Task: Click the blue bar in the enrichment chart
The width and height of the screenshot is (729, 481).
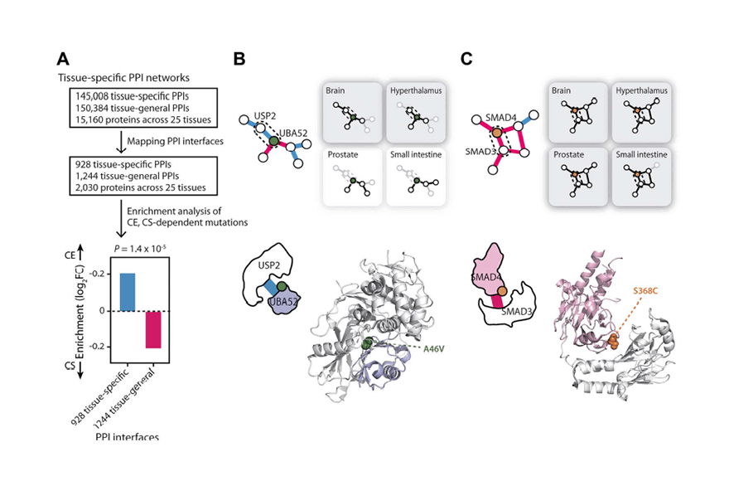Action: click(128, 292)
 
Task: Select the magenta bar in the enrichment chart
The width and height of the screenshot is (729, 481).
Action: click(153, 330)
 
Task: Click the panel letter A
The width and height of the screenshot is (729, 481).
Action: click(63, 59)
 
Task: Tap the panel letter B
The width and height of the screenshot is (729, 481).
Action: click(239, 59)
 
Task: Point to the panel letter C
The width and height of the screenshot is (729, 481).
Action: click(466, 59)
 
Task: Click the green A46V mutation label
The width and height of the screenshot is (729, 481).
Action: click(433, 348)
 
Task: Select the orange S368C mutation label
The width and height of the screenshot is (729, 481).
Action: click(645, 291)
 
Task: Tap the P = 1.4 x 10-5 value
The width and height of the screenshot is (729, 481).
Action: click(140, 249)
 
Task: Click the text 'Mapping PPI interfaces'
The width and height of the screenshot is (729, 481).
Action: click(176, 141)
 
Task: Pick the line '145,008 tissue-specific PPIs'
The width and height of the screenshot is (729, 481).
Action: click(132, 96)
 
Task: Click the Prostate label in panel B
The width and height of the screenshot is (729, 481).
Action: click(343, 154)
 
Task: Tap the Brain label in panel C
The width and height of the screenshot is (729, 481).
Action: click(561, 90)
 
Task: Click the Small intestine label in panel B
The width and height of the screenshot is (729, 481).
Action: click(416, 154)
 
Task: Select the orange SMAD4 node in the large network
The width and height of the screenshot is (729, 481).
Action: click(497, 133)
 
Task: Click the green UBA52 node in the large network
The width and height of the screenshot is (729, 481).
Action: click(274, 141)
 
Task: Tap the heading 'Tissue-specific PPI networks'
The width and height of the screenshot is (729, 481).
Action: click(123, 78)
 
